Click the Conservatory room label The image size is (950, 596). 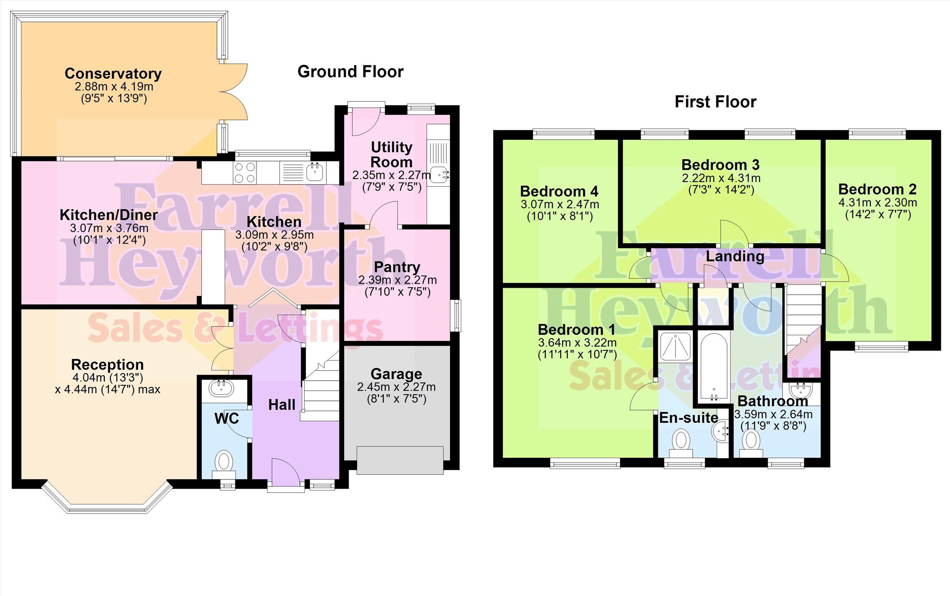pos(113,73)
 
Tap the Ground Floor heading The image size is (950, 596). pos(350,72)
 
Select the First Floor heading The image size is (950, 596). pos(715,102)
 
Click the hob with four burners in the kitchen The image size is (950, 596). pos(245,173)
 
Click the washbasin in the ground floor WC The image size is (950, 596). pos(221,388)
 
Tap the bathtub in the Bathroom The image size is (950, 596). pos(714,366)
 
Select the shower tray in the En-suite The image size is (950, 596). pos(675,346)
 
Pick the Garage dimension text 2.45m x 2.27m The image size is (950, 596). pos(396,387)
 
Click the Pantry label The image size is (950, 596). pos(397,267)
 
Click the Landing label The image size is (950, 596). pos(735,256)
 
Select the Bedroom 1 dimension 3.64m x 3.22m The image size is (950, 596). pos(577,343)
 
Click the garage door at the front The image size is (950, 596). pos(400,460)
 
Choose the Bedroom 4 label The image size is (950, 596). pos(559,191)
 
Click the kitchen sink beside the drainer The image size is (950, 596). pos(315,172)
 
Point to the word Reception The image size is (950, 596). pos(107,365)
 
